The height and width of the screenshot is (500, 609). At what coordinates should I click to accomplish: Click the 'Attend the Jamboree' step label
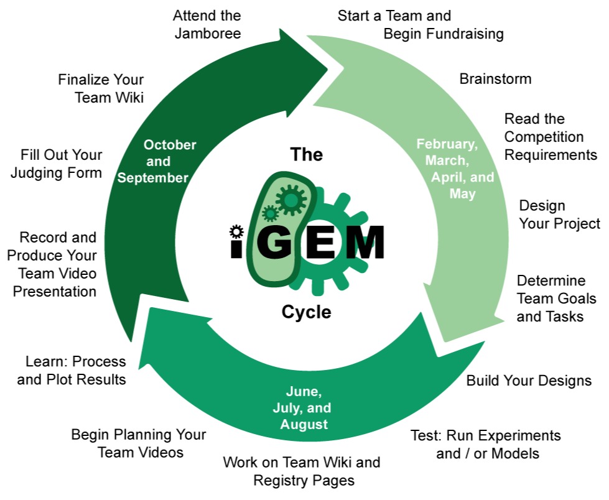tap(207, 24)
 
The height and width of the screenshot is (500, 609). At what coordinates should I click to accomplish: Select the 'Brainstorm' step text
tap(495, 79)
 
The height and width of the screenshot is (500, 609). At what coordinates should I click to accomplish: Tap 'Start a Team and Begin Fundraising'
tap(421, 24)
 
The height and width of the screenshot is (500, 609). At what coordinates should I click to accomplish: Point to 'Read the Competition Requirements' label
tap(551, 137)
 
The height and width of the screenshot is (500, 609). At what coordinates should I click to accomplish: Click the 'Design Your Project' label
tap(559, 215)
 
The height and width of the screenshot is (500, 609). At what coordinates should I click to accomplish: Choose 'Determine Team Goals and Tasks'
tap(556, 299)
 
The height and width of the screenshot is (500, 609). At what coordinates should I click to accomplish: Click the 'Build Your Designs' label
tap(529, 381)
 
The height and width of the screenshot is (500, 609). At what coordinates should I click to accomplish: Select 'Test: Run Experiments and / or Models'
tap(485, 445)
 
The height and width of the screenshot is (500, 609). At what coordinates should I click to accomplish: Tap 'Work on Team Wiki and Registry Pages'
tap(302, 471)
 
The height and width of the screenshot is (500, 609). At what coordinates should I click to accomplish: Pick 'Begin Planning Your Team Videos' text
tap(139, 443)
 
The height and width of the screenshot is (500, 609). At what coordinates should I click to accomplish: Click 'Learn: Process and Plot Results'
tap(72, 371)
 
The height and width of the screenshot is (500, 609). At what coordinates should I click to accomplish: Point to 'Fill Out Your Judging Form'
tap(57, 164)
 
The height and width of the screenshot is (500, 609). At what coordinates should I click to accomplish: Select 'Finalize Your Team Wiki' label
tap(101, 88)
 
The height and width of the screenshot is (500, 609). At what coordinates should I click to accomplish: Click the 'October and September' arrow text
tap(157, 161)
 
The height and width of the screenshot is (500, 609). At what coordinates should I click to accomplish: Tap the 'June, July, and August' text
tap(302, 407)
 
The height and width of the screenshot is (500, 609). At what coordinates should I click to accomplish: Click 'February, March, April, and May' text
tap(455, 169)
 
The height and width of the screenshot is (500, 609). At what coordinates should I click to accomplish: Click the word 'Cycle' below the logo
tap(307, 312)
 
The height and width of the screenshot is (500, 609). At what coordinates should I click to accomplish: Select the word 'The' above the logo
tap(307, 154)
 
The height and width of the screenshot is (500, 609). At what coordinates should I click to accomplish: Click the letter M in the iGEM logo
tap(365, 243)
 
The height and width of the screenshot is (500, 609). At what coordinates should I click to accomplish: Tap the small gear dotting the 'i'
tap(236, 231)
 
